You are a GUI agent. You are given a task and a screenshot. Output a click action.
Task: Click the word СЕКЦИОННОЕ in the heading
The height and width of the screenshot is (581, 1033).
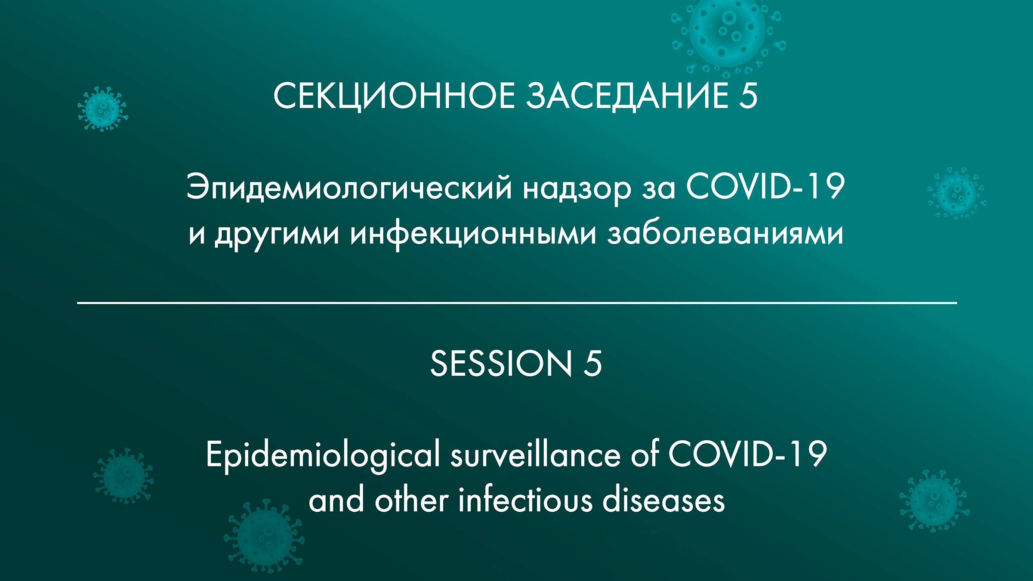[x=394, y=96]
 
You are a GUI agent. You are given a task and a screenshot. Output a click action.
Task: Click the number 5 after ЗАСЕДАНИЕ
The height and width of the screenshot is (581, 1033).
[x=748, y=96]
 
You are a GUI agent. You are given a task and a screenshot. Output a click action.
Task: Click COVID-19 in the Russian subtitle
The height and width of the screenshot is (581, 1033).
[x=765, y=187]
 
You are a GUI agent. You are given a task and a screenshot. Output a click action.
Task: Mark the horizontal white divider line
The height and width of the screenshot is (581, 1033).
[x=516, y=303]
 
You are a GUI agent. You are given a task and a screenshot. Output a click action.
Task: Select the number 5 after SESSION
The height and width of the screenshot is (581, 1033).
[x=592, y=364]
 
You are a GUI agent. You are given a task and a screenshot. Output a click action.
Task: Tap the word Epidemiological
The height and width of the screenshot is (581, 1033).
[x=323, y=455]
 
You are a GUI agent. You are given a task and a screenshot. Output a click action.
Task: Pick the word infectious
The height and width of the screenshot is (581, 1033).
[x=525, y=501]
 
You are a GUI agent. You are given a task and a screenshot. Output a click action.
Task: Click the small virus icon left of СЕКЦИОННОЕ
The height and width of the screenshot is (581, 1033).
[x=102, y=109]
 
